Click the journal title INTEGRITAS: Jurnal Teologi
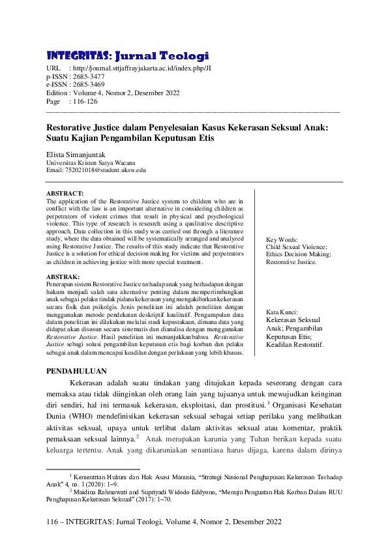[128, 55]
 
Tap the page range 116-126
[83, 102]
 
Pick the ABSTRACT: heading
[65, 194]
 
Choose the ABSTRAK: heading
[63, 277]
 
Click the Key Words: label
[282, 240]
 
